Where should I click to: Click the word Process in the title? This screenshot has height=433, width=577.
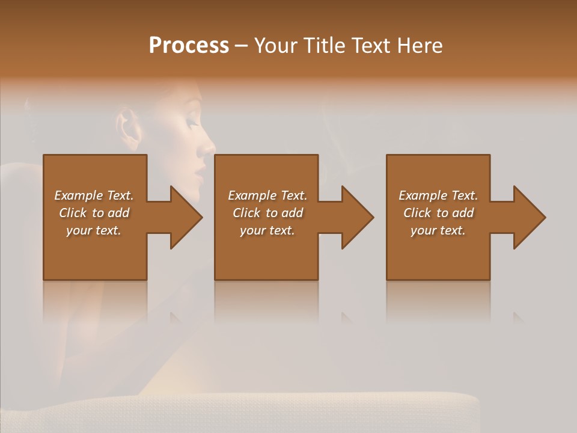[189, 46]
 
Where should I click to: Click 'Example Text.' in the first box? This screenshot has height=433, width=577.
[94, 195]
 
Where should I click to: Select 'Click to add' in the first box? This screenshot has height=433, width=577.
[94, 213]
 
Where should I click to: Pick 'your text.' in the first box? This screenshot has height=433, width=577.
[94, 230]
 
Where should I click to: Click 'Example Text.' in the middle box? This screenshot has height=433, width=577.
[267, 195]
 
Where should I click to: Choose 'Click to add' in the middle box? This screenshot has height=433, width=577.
[267, 213]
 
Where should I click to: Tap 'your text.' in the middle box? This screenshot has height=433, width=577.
[267, 230]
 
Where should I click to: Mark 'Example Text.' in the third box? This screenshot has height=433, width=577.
[438, 195]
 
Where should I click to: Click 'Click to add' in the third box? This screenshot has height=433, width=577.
[438, 213]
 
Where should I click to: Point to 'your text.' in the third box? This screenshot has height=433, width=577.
[438, 230]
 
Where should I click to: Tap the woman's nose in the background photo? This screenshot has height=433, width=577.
[209, 146]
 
